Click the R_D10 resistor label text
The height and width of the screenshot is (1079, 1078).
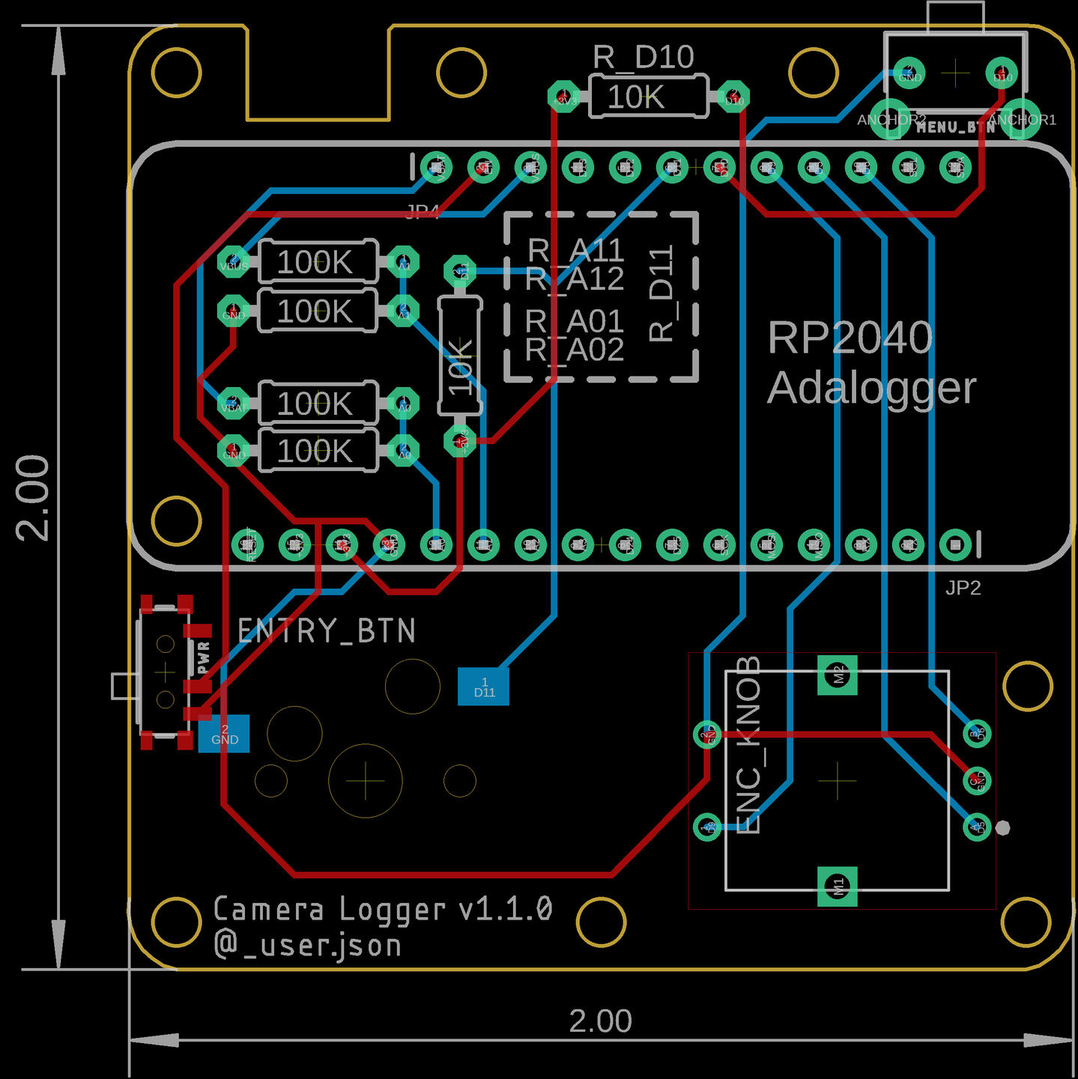(x=643, y=57)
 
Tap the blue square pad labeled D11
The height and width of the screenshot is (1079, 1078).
(x=483, y=687)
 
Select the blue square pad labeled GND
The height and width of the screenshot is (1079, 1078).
(x=224, y=734)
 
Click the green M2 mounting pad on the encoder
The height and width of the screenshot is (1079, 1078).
(x=838, y=675)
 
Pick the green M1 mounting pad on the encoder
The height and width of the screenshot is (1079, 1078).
(x=838, y=887)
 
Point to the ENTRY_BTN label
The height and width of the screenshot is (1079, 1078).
(x=327, y=631)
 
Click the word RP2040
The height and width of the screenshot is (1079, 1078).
(x=850, y=338)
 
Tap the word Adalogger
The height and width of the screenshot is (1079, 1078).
(x=872, y=388)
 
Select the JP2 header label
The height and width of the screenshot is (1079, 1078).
(x=963, y=588)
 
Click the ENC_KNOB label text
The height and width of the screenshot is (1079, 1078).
(x=748, y=745)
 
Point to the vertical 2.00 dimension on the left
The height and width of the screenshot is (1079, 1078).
(x=34, y=497)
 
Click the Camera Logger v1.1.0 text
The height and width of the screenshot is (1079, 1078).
(x=383, y=909)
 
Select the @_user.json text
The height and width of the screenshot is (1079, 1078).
(x=308, y=945)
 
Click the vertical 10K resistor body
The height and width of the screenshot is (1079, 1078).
(x=459, y=356)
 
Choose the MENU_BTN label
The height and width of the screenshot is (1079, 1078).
(x=955, y=127)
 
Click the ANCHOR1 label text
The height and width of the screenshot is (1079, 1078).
(x=1023, y=120)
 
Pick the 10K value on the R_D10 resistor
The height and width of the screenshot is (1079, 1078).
(x=635, y=97)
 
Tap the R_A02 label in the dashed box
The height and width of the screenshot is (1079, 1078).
(x=575, y=350)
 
